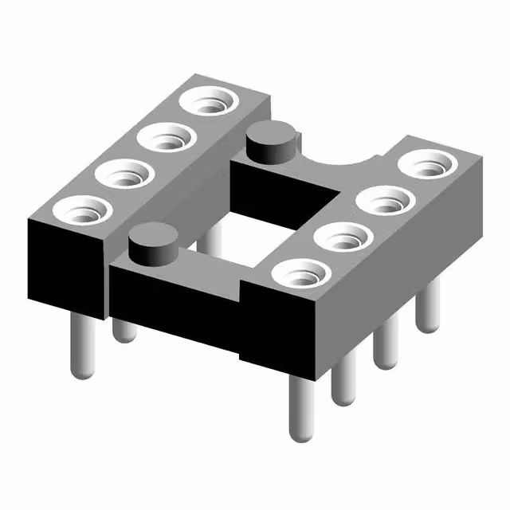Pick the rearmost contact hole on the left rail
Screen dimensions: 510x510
[207, 103]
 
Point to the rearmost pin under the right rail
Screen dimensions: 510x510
[429, 307]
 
